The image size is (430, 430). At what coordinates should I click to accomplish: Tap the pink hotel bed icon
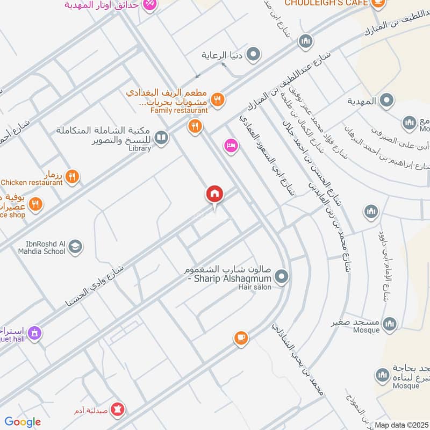click(x=231, y=145)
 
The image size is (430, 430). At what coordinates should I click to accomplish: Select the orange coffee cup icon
click(x=241, y=338)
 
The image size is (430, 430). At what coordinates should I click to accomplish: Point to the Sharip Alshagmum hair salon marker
click(x=281, y=277)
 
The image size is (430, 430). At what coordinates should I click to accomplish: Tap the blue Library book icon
click(x=161, y=138)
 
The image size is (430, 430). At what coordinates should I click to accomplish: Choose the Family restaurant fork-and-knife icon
click(x=218, y=99)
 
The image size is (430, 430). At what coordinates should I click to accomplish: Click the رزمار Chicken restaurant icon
click(x=72, y=176)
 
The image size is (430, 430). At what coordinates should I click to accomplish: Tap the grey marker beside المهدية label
click(x=386, y=100)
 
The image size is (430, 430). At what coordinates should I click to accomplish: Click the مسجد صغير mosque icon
click(x=389, y=323)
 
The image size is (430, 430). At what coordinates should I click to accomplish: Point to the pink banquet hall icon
click(x=35, y=333)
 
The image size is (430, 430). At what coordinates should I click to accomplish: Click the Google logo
click(x=23, y=422)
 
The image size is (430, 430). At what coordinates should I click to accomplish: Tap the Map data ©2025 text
click(x=400, y=425)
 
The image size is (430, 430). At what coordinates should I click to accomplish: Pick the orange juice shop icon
click(x=35, y=204)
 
